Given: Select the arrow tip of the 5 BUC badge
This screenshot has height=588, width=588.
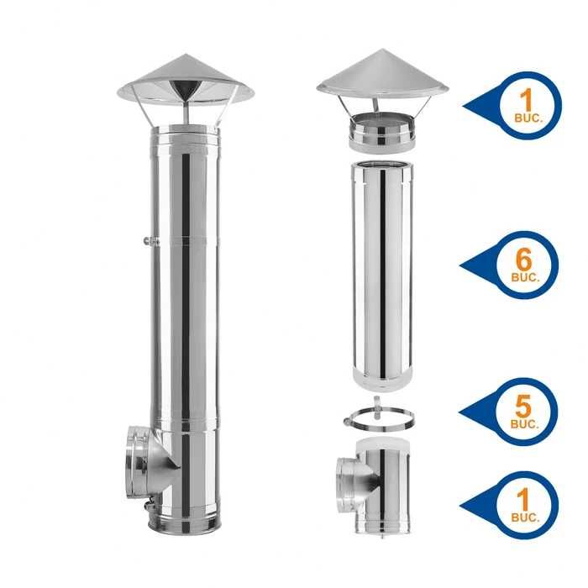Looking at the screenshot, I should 463,411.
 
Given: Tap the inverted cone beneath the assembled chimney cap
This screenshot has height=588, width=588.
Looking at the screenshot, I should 186,91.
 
